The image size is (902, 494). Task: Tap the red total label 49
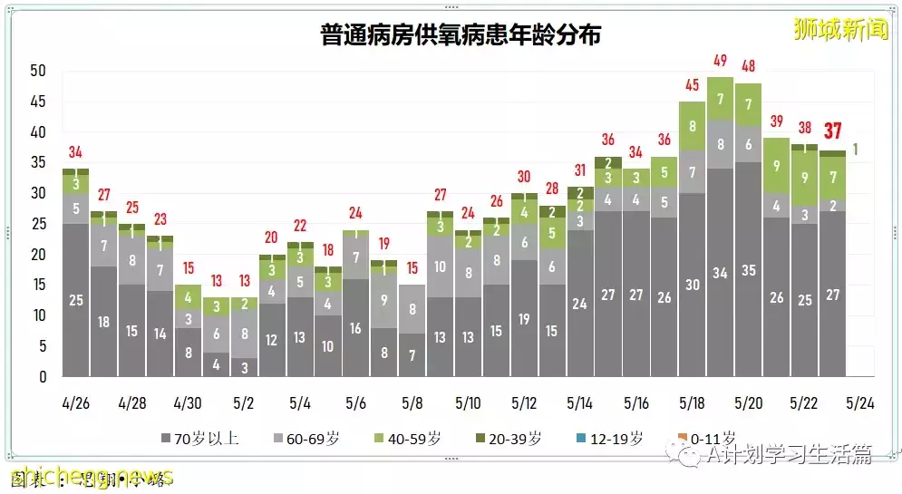(x=720, y=61)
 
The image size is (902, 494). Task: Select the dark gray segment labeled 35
(x=748, y=269)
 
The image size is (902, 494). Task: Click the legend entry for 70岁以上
(x=201, y=439)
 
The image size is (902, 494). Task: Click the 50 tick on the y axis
(x=37, y=71)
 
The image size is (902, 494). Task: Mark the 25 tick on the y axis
(x=37, y=224)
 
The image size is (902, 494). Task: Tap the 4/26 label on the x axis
(x=76, y=402)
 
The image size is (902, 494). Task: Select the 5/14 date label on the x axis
(x=579, y=402)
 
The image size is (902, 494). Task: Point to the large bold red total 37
(x=833, y=131)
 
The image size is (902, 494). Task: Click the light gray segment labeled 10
(x=440, y=266)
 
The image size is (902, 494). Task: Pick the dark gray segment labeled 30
(x=692, y=285)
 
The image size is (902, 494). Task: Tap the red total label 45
(x=692, y=85)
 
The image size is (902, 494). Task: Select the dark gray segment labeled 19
(x=524, y=318)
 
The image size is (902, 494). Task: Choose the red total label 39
(x=776, y=121)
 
